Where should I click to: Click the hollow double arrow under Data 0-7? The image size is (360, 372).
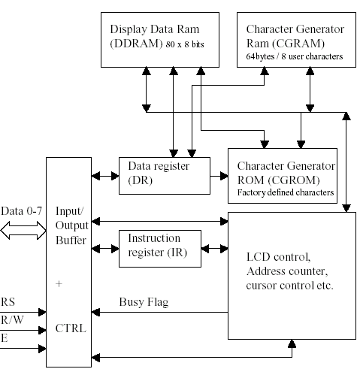(x=23, y=230)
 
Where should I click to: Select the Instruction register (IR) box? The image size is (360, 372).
(x=160, y=249)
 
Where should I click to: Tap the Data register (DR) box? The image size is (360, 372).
(x=165, y=176)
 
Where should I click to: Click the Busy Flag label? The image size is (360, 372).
(x=144, y=302)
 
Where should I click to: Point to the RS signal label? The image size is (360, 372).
(x=8, y=302)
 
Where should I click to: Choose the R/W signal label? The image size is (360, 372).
(x=12, y=320)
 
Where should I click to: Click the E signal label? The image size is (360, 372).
(x=5, y=338)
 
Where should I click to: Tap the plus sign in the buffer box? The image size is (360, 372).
(x=59, y=284)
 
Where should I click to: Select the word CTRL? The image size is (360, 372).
(x=71, y=328)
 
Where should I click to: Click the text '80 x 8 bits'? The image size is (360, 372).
(x=185, y=44)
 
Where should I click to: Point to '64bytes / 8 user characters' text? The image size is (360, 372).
(x=295, y=56)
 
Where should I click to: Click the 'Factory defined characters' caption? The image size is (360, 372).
(x=286, y=192)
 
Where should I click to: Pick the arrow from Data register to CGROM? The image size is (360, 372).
(x=219, y=176)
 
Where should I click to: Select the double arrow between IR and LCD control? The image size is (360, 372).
(x=214, y=249)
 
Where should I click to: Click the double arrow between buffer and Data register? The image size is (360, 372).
(x=105, y=176)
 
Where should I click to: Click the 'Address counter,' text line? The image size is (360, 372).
(x=287, y=271)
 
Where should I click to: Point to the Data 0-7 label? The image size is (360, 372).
(x=22, y=211)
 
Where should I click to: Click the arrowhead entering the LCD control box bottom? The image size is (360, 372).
(x=292, y=343)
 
